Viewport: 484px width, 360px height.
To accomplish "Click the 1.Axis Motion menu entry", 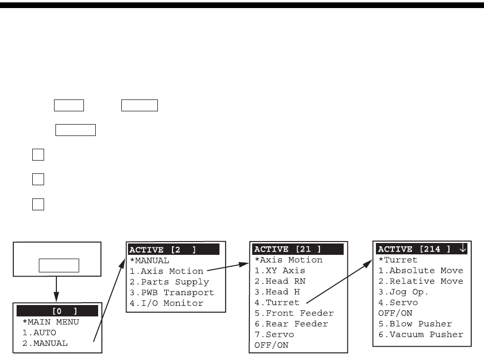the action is pyautogui.click(x=166, y=271).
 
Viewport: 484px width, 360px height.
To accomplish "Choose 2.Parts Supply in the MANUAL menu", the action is pyautogui.click(x=169, y=282).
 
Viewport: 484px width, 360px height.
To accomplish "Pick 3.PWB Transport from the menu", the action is pyautogui.click(x=172, y=292).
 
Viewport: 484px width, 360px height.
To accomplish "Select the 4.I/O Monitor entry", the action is pyautogui.click(x=166, y=303).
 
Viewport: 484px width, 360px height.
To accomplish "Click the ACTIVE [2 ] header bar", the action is pyautogui.click(x=174, y=250).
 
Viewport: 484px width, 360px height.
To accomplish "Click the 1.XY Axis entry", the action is pyautogui.click(x=280, y=270).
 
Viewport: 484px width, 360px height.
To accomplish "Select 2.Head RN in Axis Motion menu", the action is pyautogui.click(x=280, y=281).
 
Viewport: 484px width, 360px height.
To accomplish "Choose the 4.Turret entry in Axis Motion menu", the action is pyautogui.click(x=277, y=302).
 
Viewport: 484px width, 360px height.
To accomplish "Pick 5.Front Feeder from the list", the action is pyautogui.click(x=294, y=313).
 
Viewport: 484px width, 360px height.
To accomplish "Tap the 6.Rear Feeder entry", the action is pyautogui.click(x=291, y=324).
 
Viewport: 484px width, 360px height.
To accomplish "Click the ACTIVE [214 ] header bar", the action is pyautogui.click(x=415, y=249).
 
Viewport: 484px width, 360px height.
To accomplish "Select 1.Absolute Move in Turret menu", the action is pyautogui.click(x=420, y=271).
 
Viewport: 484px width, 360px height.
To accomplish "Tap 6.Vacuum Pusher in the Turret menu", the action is pyautogui.click(x=420, y=334).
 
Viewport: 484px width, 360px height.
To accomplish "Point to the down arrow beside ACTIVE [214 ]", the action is pyautogui.click(x=463, y=249).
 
